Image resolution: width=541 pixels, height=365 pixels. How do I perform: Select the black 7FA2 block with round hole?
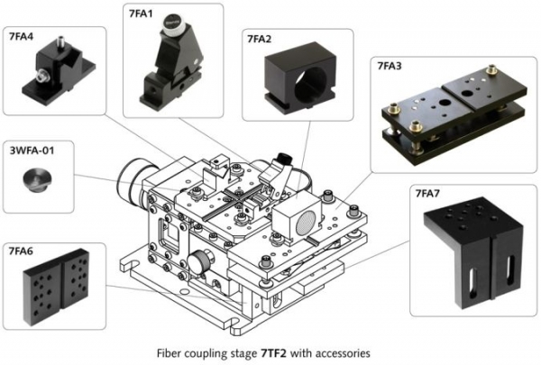pos(294,81)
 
